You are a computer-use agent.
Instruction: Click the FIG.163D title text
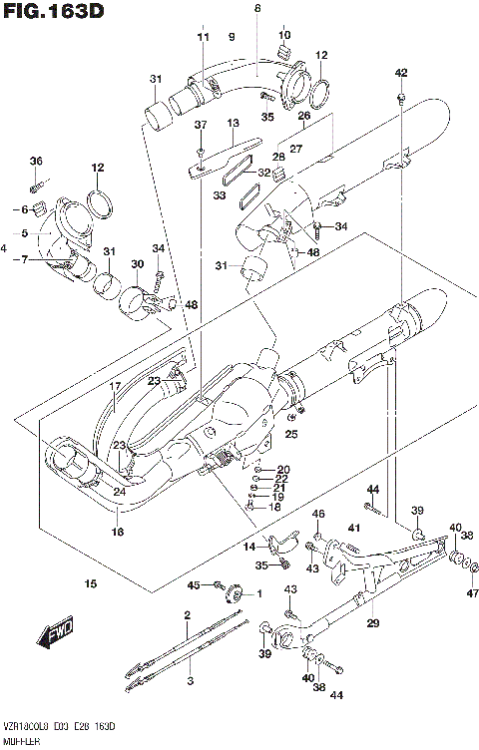click(x=55, y=13)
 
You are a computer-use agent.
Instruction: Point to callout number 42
click(x=401, y=72)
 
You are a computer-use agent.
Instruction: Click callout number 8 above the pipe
click(x=256, y=8)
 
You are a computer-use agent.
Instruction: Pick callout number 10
click(x=284, y=35)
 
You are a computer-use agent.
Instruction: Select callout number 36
click(x=36, y=161)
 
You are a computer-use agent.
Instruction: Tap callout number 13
click(x=233, y=123)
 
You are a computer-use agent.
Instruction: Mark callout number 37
click(x=201, y=125)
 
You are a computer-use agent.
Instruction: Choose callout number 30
click(x=138, y=263)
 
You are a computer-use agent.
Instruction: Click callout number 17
click(x=115, y=386)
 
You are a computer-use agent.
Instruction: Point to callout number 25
click(x=291, y=433)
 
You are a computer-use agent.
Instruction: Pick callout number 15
click(x=91, y=583)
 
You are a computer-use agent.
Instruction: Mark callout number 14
click(x=249, y=548)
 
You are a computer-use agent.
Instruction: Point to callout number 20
click(x=283, y=469)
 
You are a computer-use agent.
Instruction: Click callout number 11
click(x=204, y=37)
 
